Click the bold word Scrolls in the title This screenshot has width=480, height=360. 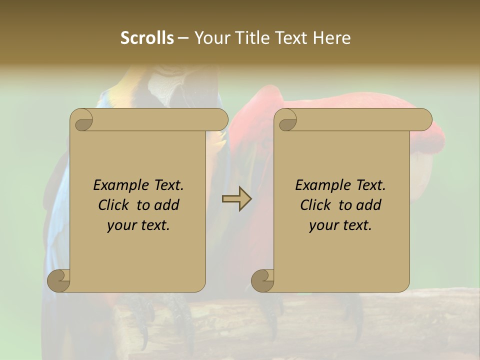pyautogui.click(x=147, y=38)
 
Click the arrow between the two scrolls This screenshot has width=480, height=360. pyautogui.click(x=236, y=199)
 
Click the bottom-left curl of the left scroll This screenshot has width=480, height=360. pyautogui.click(x=58, y=280)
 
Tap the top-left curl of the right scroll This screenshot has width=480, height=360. pyautogui.click(x=287, y=120)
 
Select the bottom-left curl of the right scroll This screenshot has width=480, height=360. pyautogui.click(x=262, y=280)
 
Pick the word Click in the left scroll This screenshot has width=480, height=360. pyautogui.click(x=115, y=205)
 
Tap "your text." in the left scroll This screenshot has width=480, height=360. pyautogui.click(x=138, y=225)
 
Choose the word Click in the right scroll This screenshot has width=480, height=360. pyautogui.click(x=317, y=205)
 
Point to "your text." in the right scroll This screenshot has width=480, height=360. pyautogui.click(x=340, y=225)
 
